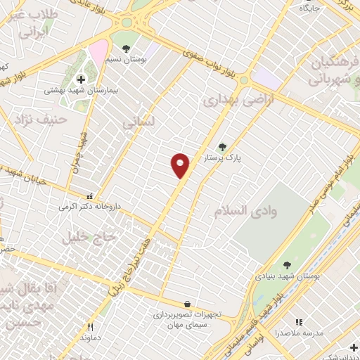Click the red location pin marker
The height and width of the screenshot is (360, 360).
coord(181,165)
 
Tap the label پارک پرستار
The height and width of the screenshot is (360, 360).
coord(224,159)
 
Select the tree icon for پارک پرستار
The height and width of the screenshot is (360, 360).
coord(223,147)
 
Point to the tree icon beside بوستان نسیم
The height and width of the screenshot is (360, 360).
coord(126,49)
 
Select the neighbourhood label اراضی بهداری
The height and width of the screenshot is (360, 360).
coord(232,102)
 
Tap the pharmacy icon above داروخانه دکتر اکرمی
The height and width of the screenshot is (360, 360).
coord(89,198)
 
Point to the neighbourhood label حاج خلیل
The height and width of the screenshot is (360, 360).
coord(84,238)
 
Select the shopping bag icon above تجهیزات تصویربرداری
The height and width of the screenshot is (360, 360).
coord(187,304)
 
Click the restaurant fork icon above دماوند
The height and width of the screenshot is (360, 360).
coord(90,326)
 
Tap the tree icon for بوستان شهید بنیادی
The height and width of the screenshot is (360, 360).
coord(286,265)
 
